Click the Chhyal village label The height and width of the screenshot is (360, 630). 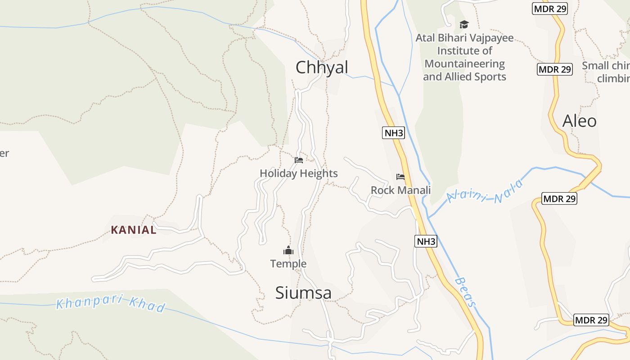point(322,67)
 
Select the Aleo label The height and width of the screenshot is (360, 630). point(580,121)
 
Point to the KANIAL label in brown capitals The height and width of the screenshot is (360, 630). point(134,230)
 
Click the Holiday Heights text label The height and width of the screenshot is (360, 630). point(298,173)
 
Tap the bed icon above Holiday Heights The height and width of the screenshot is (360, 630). point(298,160)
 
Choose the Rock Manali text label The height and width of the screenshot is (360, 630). point(400,190)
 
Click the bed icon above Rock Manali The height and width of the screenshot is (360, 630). point(400,176)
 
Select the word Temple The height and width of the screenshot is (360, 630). point(288,264)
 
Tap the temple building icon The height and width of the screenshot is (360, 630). point(288,251)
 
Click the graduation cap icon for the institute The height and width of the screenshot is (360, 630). point(464,24)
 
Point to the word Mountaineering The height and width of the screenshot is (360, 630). point(464,64)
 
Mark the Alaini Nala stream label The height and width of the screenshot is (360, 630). point(486,191)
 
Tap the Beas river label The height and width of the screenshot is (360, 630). point(465,292)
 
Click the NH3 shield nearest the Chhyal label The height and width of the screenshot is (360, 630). point(393,133)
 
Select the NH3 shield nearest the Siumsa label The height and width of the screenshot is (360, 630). point(425,241)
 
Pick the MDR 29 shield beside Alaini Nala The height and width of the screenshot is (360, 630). point(559,198)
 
